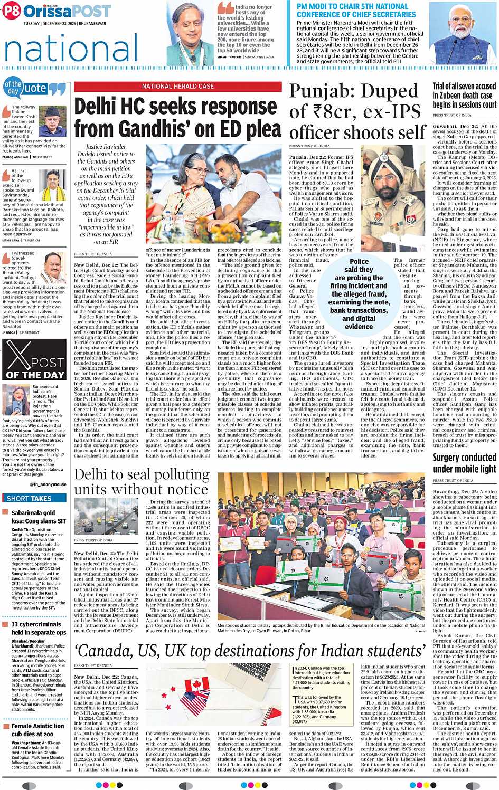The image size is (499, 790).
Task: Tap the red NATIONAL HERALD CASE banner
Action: (x=178, y=87)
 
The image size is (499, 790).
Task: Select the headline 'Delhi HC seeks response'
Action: (x=178, y=107)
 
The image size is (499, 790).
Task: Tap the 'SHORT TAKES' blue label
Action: (x=30, y=498)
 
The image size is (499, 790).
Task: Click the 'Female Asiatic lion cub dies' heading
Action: (x=38, y=730)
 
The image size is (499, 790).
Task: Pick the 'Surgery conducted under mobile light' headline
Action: (x=464, y=463)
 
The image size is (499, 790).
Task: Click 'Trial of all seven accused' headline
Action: (x=464, y=95)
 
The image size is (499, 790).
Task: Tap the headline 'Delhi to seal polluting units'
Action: (x=142, y=482)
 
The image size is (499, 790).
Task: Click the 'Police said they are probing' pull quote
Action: (x=359, y=293)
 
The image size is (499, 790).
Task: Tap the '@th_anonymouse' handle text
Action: (x=48, y=484)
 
